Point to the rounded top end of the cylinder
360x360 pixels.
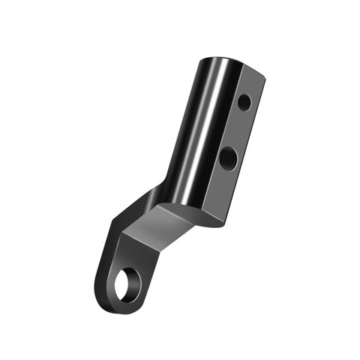tap(225, 60)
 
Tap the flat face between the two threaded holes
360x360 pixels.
tap(235, 129)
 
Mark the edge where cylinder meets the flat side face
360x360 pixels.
tap(224, 135)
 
